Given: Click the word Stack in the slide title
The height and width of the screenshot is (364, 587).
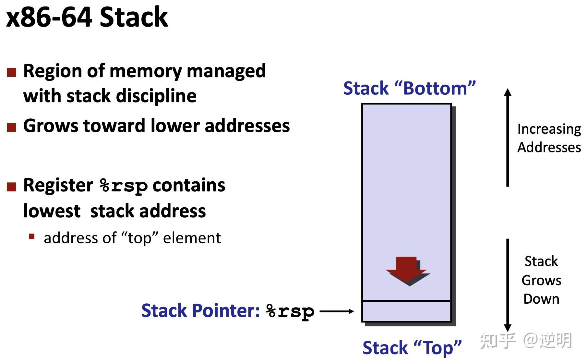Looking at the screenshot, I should click(134, 18).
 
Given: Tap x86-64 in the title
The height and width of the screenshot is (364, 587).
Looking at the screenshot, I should click(49, 18).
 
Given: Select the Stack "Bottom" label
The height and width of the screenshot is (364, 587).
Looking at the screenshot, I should click(409, 88).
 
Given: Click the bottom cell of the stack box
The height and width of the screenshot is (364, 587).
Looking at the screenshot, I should click(406, 311).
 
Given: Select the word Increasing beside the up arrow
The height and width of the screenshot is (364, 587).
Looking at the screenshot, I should click(549, 129).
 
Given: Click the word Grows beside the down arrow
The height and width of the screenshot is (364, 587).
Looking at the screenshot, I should click(541, 280).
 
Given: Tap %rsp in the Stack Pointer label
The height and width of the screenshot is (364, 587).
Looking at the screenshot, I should click(290, 311).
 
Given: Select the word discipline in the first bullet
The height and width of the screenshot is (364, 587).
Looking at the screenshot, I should click(156, 96).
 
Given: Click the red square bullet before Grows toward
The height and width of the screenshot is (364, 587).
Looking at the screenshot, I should click(11, 127).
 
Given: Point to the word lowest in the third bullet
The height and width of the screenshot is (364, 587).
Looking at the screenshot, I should click(52, 211).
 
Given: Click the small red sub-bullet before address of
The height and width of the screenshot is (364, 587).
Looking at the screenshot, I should click(31, 237).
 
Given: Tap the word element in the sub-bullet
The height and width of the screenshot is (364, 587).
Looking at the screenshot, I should click(192, 238).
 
